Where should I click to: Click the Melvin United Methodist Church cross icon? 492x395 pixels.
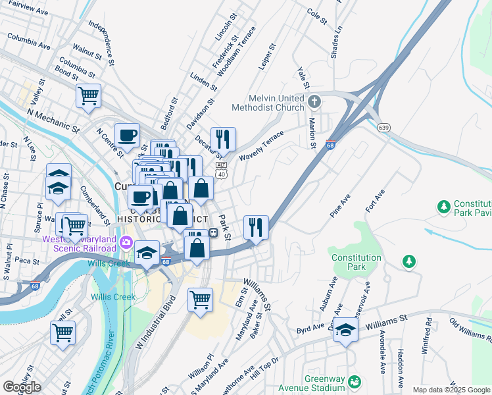[314, 102]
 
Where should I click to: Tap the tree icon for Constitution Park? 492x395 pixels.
[409, 262]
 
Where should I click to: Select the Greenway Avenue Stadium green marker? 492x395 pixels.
[355, 381]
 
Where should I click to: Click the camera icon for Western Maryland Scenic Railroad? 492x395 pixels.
[126, 244]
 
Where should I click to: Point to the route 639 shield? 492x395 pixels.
[382, 127]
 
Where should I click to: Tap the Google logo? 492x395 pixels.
[22, 387]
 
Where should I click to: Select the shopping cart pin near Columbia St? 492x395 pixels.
[88, 96]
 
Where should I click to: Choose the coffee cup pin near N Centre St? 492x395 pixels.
[128, 136]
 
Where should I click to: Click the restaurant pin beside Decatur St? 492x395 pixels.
[223, 139]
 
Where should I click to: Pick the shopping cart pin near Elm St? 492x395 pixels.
[201, 300]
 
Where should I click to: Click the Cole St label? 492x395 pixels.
[317, 16]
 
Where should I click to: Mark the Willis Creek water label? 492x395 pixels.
[112, 297]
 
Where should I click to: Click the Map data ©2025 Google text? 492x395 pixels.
[451, 390]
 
